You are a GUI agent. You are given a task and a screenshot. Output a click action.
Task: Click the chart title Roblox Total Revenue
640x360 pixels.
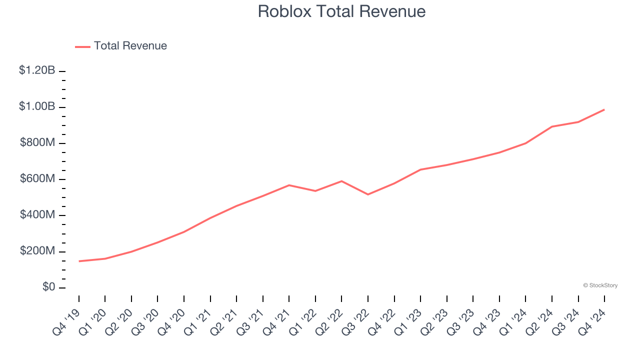(341, 11)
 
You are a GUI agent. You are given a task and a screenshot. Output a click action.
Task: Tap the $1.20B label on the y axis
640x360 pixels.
(37, 70)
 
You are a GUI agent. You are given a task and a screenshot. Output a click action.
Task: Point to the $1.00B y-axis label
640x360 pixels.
(37, 106)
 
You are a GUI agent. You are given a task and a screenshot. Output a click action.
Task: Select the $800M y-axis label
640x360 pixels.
(37, 142)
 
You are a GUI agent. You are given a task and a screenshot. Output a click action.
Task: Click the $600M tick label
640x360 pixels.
(37, 178)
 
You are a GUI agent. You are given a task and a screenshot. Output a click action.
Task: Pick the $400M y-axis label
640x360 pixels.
(37, 214)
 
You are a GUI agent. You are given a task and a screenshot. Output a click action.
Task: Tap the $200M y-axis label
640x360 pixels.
(37, 250)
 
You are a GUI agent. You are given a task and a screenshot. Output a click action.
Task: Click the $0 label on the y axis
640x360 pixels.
(48, 287)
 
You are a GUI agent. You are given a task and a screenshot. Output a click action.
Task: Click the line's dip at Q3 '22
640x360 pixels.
(368, 194)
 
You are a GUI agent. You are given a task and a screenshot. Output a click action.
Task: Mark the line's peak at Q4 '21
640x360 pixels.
(289, 185)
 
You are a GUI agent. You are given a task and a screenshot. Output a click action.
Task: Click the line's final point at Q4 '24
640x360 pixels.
(604, 109)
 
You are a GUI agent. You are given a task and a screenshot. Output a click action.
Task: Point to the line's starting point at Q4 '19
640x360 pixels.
(79, 261)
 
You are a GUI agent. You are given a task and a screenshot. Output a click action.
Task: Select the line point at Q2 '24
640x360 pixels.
(552, 126)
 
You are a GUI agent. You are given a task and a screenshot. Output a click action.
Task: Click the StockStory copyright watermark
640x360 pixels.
(600, 285)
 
